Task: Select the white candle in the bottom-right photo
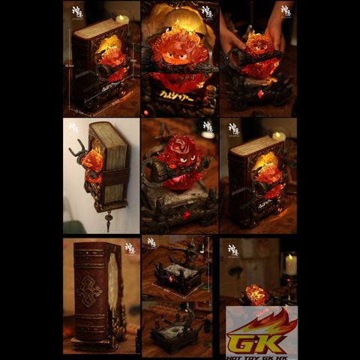(x=289, y=264)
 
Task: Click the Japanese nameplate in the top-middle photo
(x=179, y=98)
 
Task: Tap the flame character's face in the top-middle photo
(x=181, y=52)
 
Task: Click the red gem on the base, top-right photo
(x=260, y=94)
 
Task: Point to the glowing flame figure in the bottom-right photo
(x=256, y=295)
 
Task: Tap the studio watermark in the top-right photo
(x=285, y=10)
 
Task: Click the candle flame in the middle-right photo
(x=280, y=136)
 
